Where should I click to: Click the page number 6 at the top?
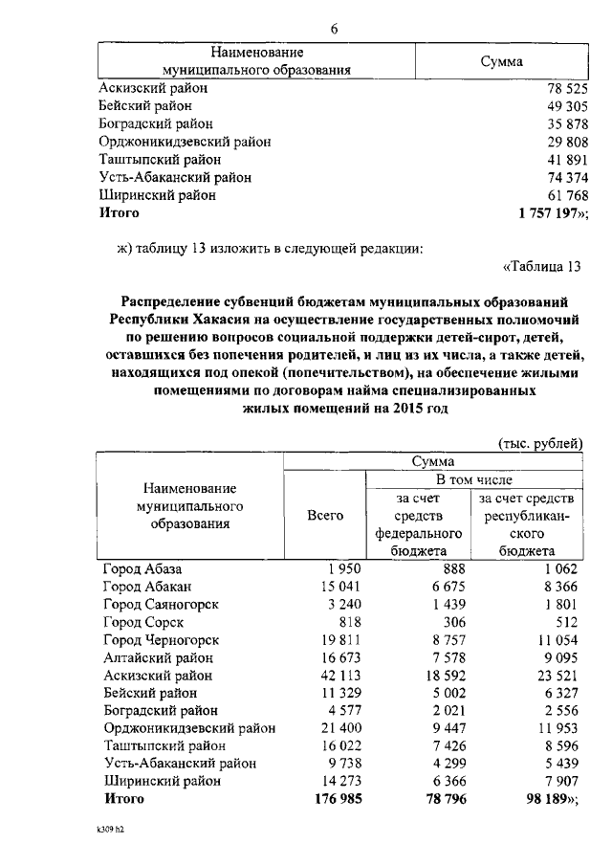(x=335, y=28)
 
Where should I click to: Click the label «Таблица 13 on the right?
(x=541, y=267)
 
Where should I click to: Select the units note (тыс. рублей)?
(x=539, y=443)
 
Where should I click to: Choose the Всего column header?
(x=324, y=515)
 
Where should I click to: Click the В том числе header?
(x=473, y=478)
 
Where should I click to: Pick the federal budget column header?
(x=418, y=524)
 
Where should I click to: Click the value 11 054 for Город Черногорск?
(x=555, y=640)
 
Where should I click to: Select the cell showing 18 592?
(x=444, y=675)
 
